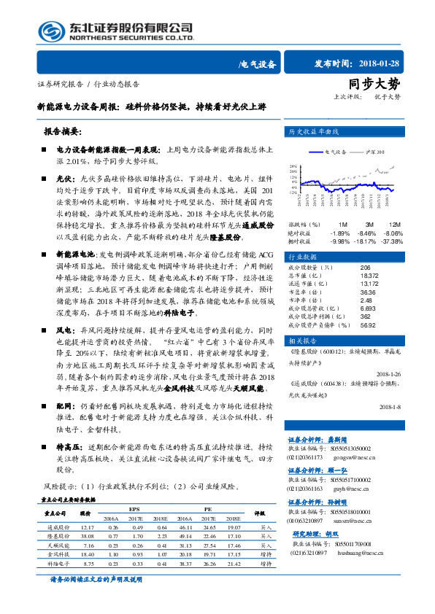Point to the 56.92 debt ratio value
coord(367,326)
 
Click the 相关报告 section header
coord(301,341)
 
